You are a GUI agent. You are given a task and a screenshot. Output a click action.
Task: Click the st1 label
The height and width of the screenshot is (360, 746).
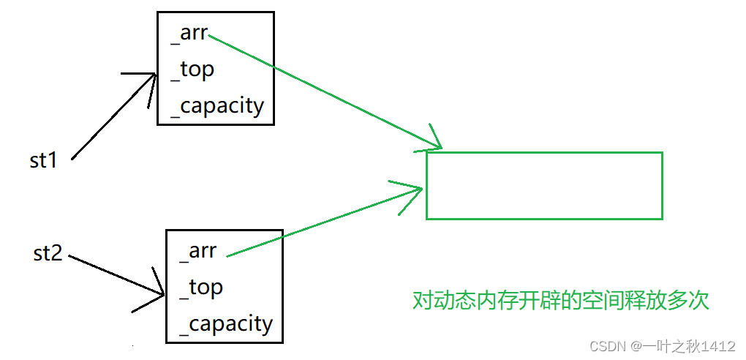44,160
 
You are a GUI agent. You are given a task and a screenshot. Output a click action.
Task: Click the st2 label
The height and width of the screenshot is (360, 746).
48,254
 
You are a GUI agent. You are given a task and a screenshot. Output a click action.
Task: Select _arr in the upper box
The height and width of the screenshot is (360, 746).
189,34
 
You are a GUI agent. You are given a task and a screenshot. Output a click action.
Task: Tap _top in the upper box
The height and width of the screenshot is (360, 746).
192,70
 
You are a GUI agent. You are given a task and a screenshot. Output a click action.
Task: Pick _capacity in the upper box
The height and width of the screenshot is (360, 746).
217,106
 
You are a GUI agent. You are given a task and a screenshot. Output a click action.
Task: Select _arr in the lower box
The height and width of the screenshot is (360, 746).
198,251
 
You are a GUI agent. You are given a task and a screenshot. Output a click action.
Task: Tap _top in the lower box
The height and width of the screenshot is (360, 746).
201,288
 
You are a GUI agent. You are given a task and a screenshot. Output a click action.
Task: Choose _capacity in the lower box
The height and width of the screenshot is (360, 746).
226,323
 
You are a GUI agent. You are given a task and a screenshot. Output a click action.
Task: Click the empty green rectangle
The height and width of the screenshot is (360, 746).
544,185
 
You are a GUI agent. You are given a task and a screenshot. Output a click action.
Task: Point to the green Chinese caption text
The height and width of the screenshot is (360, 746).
560,301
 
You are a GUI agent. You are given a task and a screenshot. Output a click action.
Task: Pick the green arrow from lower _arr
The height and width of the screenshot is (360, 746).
322,223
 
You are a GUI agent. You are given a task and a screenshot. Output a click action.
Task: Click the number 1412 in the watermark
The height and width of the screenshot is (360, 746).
720,345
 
